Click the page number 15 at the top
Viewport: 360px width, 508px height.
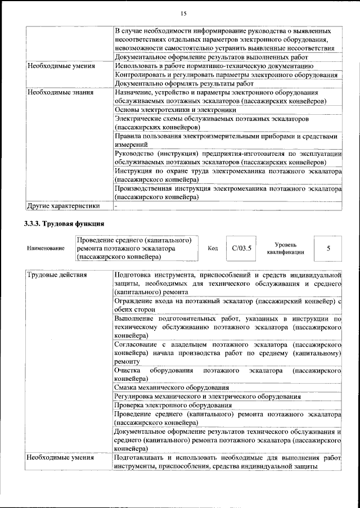[183, 14]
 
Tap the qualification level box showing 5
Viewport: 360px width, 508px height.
[328, 248]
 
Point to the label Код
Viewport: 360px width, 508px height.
[213, 249]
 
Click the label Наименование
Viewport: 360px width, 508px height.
[45, 249]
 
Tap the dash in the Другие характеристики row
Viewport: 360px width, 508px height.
[116, 206]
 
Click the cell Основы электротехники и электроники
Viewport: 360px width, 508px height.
[175, 110]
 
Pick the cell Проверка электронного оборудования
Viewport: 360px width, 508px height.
[173, 405]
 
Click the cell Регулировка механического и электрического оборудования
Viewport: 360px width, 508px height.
[207, 396]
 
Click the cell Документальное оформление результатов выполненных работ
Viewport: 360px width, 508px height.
[211, 57]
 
